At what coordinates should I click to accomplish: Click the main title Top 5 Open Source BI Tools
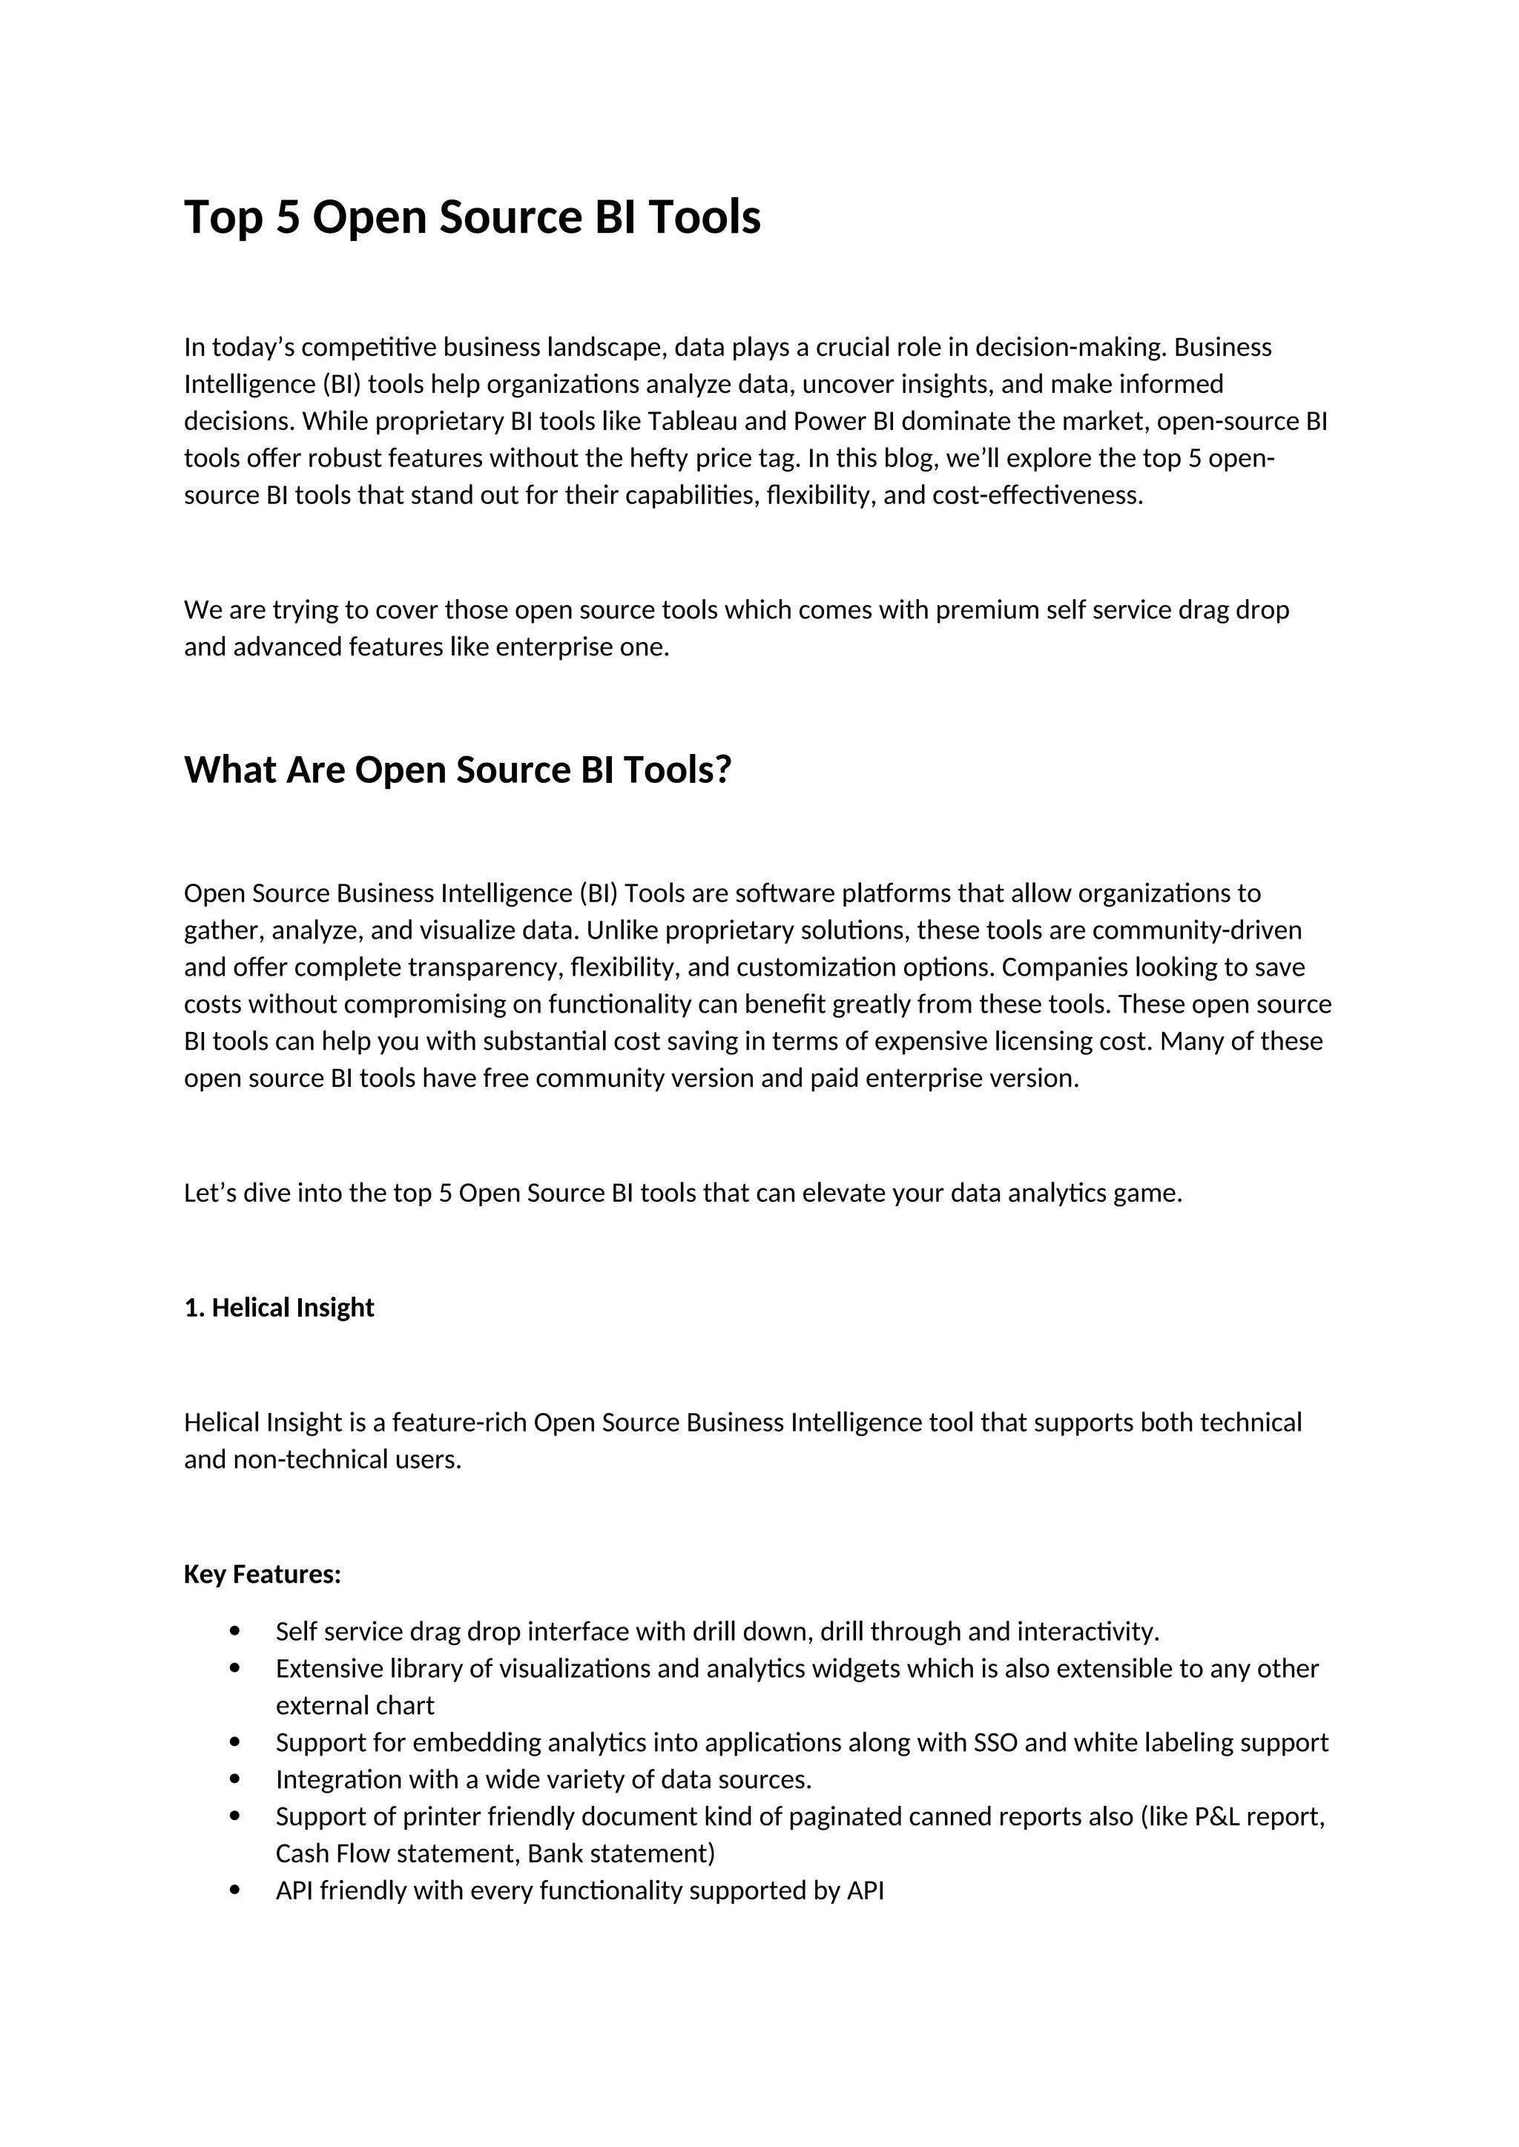pos(472,217)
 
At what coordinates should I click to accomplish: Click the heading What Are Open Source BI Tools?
pos(458,770)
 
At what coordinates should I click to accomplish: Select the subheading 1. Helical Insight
pos(279,1307)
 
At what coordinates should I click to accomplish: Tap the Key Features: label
pos(262,1574)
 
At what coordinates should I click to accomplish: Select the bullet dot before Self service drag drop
pos(235,1632)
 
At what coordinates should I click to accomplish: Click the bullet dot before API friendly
pos(235,1890)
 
